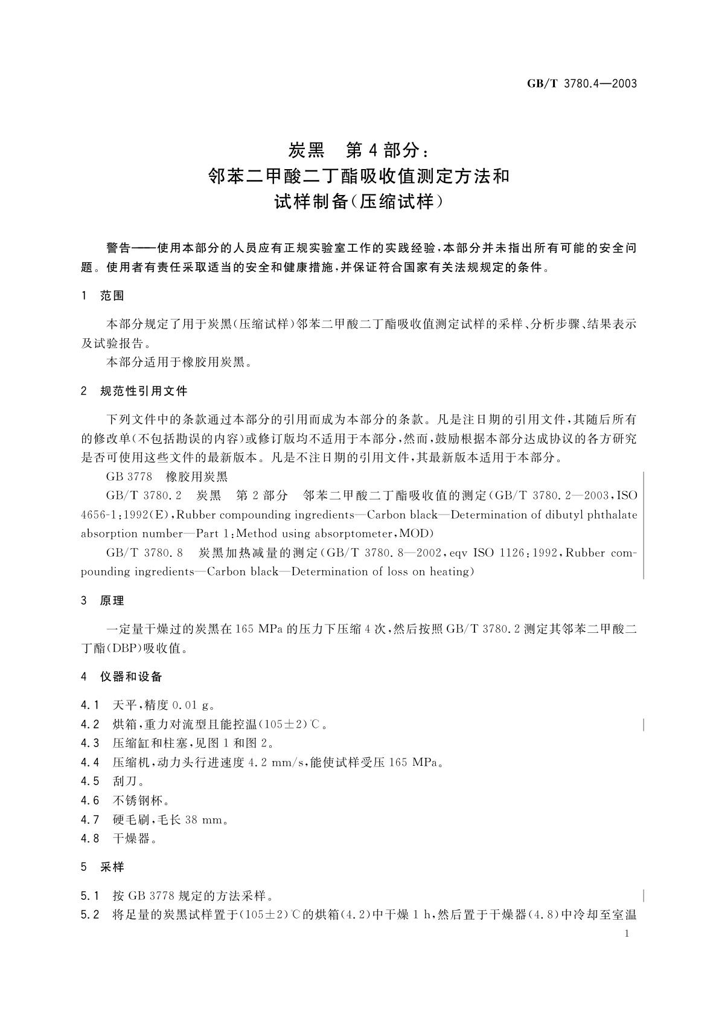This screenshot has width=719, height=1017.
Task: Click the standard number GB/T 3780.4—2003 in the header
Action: click(582, 84)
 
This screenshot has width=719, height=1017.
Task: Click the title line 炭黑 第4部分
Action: click(359, 149)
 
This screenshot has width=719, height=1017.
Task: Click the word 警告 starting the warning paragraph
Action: click(118, 248)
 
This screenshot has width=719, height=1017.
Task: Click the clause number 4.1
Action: click(89, 705)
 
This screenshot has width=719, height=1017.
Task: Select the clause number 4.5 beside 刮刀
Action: click(89, 781)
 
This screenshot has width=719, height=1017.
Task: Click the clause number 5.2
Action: click(89, 916)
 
